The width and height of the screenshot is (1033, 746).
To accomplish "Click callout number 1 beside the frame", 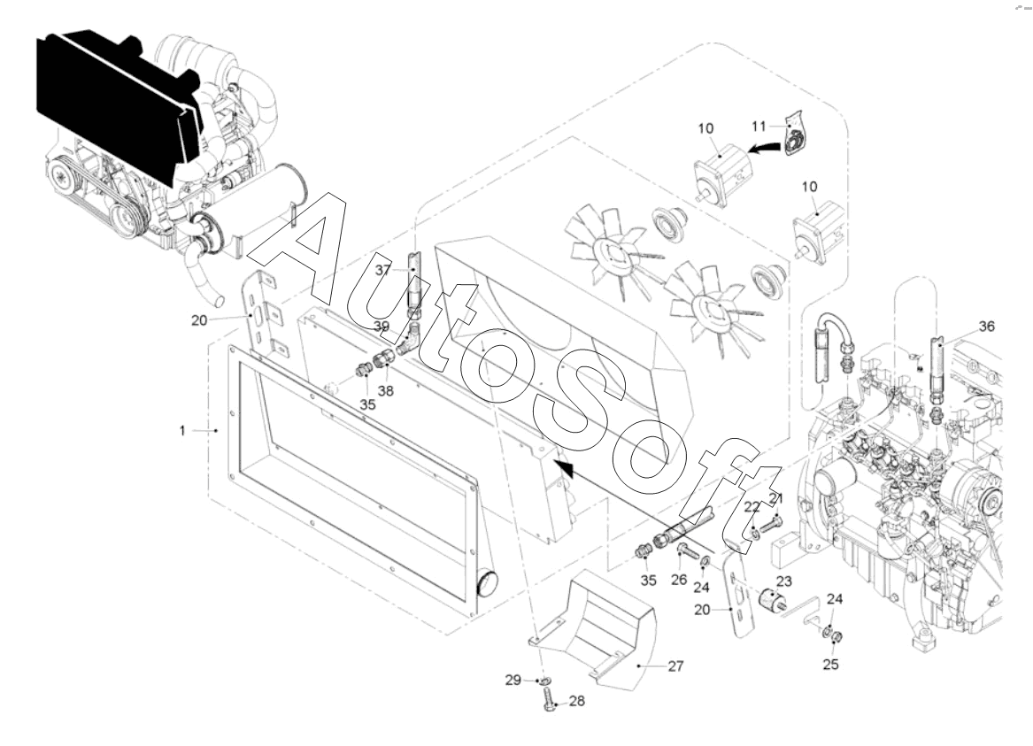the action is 181,431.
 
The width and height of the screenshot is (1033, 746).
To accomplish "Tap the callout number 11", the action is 759,125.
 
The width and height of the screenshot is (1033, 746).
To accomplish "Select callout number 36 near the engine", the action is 986,327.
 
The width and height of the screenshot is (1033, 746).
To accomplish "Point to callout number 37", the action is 383,269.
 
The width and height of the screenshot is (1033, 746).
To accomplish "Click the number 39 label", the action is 382,327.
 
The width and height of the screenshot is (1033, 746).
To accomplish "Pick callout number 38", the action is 385,390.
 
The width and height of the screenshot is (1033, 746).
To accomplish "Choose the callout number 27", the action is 676,666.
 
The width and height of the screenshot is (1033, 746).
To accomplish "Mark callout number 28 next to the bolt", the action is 576,701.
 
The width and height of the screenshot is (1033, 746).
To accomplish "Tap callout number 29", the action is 513,681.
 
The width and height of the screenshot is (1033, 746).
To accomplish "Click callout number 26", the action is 679,580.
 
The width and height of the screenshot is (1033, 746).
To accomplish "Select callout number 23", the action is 784,581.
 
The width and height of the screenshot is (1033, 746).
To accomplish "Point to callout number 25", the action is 831,665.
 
